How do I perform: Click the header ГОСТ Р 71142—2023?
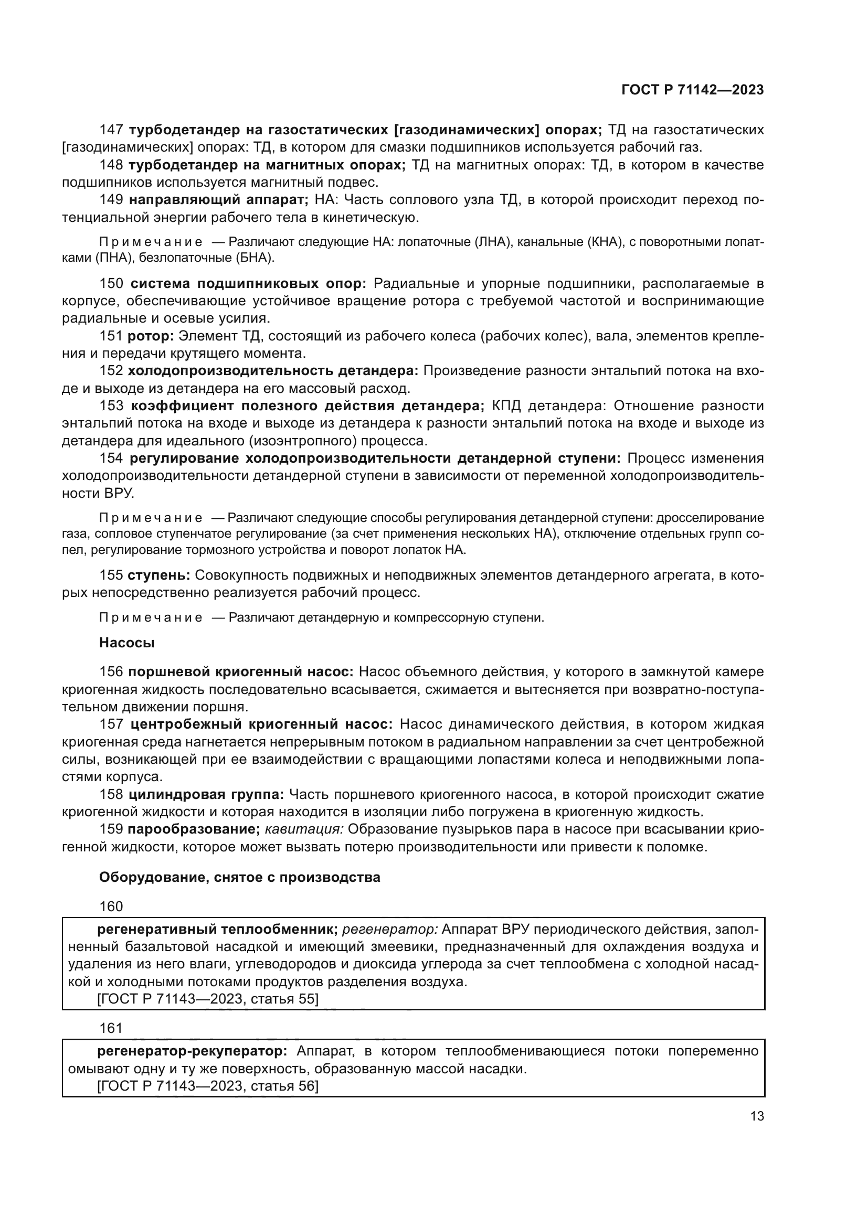coord(692,90)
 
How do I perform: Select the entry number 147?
coord(111,130)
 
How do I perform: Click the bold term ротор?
coord(151,336)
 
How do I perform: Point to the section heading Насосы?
coord(126,643)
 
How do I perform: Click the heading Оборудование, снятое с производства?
coord(239,877)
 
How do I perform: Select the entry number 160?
coord(111,906)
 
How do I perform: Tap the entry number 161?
coord(111,1028)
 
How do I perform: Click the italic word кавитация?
coord(304,829)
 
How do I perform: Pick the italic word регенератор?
coord(389,930)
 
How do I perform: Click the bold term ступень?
coord(158,575)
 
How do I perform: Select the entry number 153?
coord(111,406)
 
